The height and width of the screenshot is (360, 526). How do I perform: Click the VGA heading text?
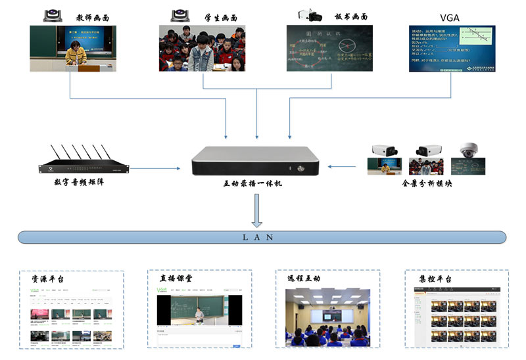451,16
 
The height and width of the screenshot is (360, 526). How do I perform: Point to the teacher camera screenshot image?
72,48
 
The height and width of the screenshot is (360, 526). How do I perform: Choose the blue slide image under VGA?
452,48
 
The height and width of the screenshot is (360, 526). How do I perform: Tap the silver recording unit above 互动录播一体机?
258,162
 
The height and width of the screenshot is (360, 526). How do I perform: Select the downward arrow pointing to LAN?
257,212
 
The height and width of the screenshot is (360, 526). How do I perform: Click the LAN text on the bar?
262,237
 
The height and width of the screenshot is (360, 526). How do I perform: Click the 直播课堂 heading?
176,279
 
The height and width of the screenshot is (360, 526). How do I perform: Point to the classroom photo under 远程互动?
326,317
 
